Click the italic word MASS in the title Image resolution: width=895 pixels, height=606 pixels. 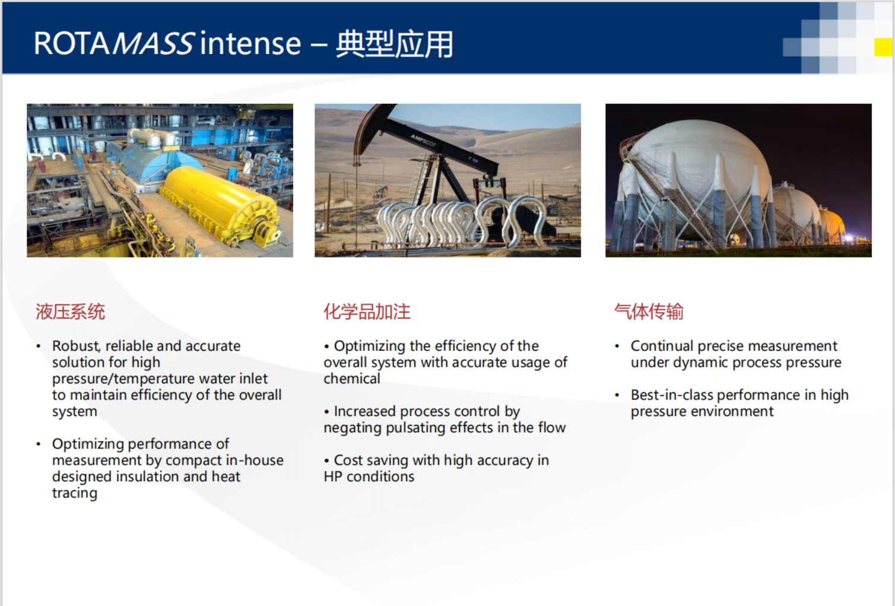(x=154, y=43)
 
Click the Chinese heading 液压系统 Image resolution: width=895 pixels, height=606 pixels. (x=70, y=312)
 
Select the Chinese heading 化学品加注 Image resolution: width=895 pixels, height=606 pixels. (x=367, y=312)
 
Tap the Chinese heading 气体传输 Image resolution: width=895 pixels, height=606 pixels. (x=649, y=312)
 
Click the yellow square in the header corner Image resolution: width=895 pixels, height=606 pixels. (x=883, y=47)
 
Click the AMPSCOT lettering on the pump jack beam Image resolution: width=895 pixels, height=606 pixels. (x=423, y=140)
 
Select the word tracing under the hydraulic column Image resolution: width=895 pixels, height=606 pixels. (x=75, y=493)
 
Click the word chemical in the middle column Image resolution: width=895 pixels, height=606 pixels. (x=352, y=379)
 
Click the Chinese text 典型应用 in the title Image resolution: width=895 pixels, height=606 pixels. (x=394, y=44)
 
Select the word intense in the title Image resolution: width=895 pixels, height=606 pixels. (x=250, y=43)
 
